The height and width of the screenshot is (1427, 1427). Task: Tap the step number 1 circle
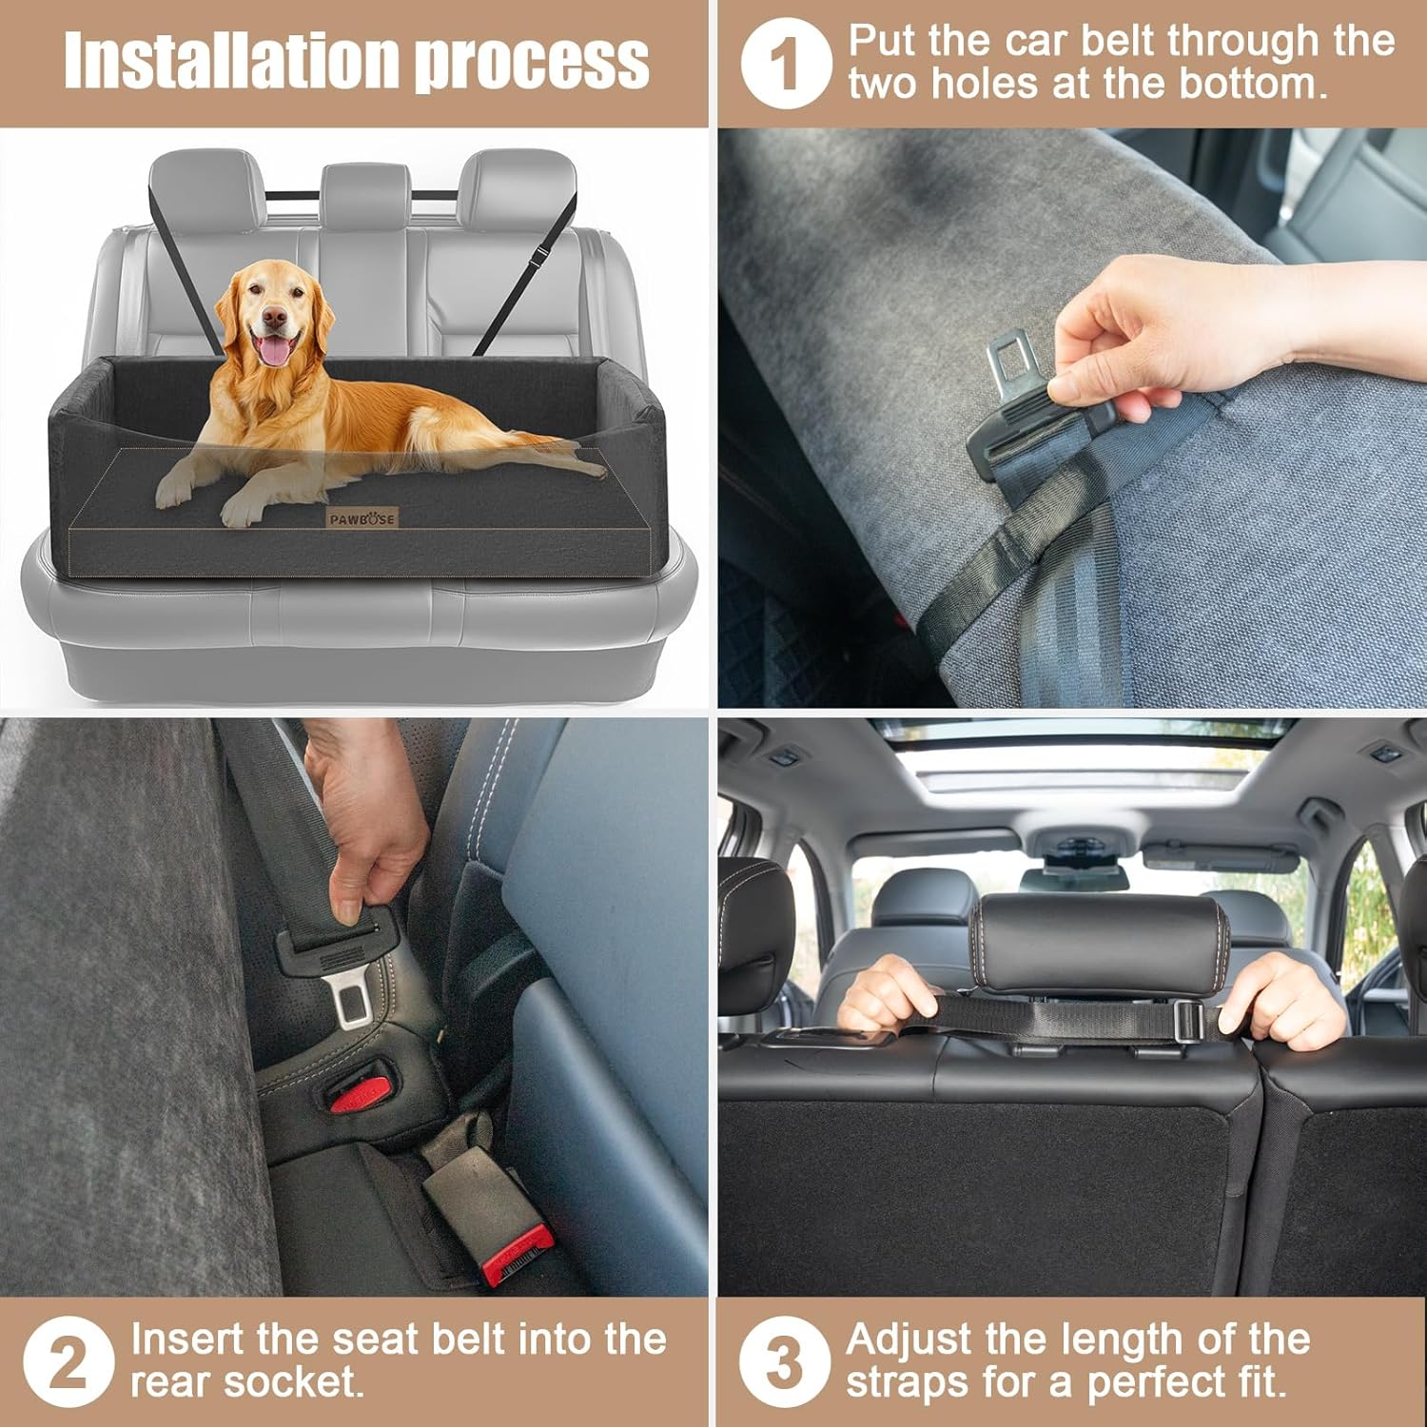coord(786,64)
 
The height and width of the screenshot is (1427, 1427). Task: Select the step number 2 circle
coord(68,1361)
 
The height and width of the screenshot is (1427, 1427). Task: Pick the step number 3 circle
coord(784,1361)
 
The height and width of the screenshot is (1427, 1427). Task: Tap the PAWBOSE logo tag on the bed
coord(362,518)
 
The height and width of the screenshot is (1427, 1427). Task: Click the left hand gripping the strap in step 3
coord(885,994)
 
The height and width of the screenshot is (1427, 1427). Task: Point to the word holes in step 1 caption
coord(985,84)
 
